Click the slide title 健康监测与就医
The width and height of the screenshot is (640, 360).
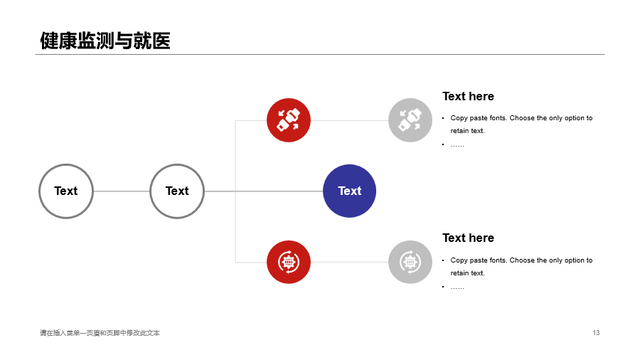(105, 41)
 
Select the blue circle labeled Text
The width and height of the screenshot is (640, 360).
(349, 191)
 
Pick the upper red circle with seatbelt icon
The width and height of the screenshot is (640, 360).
(289, 120)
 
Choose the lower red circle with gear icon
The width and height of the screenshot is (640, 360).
(289, 262)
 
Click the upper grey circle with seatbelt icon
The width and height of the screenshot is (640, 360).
(410, 120)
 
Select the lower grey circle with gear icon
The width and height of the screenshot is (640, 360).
(410, 262)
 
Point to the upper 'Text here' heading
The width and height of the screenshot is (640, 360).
(468, 96)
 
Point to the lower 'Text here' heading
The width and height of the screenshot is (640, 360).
(468, 238)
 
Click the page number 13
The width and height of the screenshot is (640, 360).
(596, 333)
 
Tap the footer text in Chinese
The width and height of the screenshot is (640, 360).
(100, 333)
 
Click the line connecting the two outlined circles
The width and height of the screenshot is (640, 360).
(122, 191)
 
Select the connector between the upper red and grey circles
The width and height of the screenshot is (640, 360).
(349, 120)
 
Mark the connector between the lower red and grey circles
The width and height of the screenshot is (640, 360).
(349, 262)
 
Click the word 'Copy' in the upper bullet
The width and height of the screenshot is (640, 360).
(459, 118)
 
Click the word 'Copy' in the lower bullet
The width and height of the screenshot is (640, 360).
(459, 260)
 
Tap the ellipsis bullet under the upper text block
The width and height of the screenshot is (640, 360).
(457, 145)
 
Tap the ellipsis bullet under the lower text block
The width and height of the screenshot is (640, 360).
(457, 287)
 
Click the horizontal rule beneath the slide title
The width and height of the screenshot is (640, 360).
(320, 54)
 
